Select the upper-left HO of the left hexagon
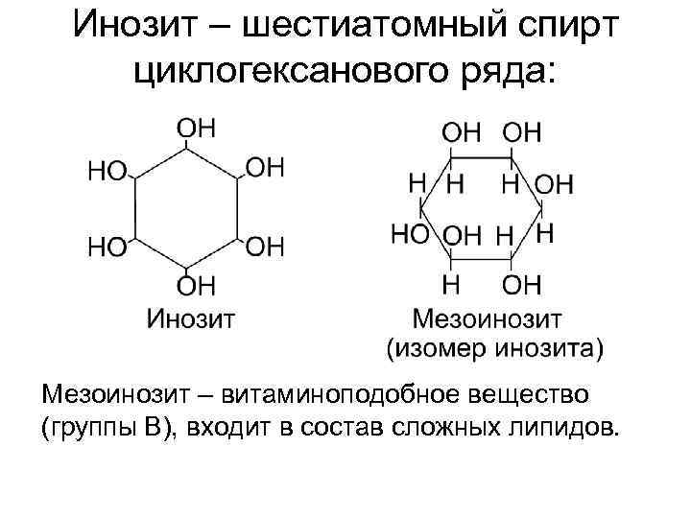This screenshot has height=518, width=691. click(107, 171)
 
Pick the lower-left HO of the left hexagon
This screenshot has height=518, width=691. click(107, 247)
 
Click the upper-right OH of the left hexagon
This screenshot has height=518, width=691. click(266, 168)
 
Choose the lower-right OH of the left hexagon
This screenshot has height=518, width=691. click(266, 247)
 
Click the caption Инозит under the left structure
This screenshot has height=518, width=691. click(191, 317)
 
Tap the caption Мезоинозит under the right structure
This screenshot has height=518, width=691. click(488, 317)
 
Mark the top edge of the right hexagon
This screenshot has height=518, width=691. click(480, 154)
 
